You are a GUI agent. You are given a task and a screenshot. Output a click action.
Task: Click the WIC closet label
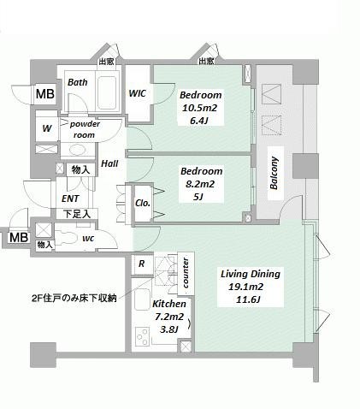[x=138, y=93]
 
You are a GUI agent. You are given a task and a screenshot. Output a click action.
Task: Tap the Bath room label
[x=78, y=82]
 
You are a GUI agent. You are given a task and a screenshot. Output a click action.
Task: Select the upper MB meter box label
[x=45, y=93]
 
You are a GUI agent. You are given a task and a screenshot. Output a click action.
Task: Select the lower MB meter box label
[x=19, y=237]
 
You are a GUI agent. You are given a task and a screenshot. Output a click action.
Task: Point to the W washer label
[x=47, y=128]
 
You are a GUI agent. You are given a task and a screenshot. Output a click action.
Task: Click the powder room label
[x=85, y=129]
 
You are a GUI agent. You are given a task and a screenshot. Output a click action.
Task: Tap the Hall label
[x=109, y=163]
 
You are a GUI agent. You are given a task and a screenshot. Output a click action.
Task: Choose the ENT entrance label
[x=70, y=199]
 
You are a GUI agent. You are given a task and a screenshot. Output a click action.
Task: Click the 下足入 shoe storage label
[x=77, y=214]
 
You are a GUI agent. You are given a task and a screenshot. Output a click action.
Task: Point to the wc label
[x=88, y=239]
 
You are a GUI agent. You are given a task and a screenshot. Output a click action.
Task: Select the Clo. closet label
[x=143, y=203]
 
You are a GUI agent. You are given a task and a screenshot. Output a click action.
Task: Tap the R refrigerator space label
[x=141, y=264]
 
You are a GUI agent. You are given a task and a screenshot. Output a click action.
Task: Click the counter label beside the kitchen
[x=186, y=273]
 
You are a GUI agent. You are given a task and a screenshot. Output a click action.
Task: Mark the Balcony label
[x=274, y=173]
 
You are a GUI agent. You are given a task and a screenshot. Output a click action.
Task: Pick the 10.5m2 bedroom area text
[x=200, y=108]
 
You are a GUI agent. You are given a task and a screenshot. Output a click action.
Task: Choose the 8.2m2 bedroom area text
[x=200, y=184]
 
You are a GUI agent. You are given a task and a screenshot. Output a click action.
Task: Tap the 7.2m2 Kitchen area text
[x=169, y=317]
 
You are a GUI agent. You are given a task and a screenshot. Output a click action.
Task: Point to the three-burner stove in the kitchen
[x=142, y=336]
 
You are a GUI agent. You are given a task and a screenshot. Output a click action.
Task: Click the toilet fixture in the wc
[x=66, y=239]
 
